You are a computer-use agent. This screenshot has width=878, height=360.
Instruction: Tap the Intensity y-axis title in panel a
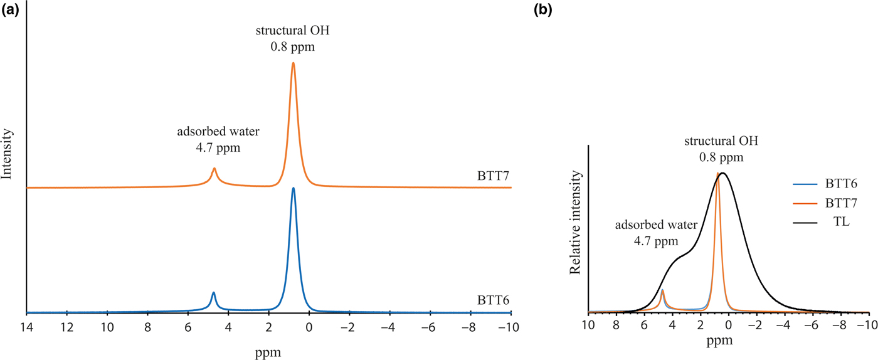8,154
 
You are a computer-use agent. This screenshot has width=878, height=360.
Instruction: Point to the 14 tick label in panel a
26,327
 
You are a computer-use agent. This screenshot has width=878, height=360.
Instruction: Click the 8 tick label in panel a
147,327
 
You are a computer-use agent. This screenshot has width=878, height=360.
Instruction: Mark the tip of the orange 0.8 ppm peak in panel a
293,63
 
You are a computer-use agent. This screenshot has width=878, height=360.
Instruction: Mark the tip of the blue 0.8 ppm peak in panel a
293,188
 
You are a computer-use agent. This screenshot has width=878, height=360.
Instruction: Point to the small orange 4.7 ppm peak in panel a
214,168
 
